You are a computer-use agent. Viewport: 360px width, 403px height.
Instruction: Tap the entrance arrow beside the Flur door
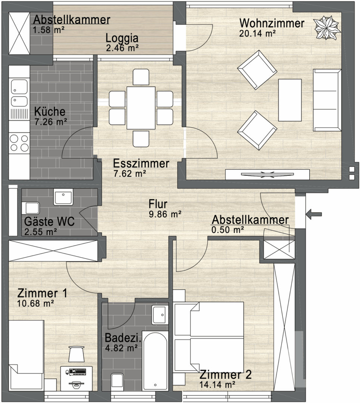click(314, 214)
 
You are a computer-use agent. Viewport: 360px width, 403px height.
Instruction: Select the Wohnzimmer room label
click(272, 23)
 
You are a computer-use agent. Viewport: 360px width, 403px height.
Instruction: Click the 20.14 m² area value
click(257, 34)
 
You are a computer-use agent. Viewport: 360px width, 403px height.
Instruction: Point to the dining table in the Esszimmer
click(141, 108)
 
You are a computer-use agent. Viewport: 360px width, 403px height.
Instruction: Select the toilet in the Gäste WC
click(30, 208)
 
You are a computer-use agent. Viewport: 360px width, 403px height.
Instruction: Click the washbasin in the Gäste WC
click(63, 197)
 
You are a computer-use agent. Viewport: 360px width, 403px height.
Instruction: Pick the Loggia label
click(122, 38)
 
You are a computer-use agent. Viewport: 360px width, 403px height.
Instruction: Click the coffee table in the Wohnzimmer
click(290, 100)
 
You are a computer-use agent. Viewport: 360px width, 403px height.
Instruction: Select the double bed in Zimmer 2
click(209, 337)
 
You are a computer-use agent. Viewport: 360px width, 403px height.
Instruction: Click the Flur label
click(158, 204)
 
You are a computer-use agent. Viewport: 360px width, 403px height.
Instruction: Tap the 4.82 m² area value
click(121, 348)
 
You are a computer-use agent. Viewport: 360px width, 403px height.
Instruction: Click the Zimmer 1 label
click(42, 293)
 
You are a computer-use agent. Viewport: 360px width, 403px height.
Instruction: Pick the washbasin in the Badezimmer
click(160, 315)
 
